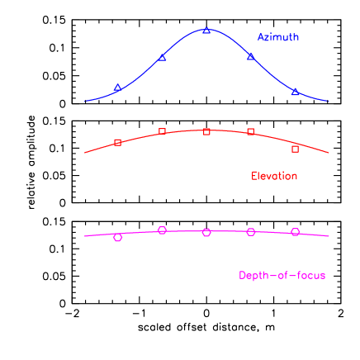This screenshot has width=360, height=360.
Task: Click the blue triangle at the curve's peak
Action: pyautogui.click(x=206, y=31)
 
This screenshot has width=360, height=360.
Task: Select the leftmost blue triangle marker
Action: pyautogui.click(x=117, y=88)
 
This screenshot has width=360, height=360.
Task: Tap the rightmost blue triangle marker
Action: pyautogui.click(x=296, y=92)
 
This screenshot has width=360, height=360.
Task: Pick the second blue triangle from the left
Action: pyautogui.click(x=162, y=57)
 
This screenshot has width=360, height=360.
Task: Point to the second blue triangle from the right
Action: pyautogui.click(x=251, y=57)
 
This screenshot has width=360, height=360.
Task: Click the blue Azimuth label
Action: pyautogui.click(x=277, y=37)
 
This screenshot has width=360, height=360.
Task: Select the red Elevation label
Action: pyautogui.click(x=274, y=176)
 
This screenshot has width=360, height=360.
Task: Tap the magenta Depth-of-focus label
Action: pyautogui.click(x=282, y=275)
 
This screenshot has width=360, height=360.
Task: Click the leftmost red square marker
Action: pyautogui.click(x=117, y=143)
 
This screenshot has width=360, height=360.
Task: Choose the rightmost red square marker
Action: pyautogui.click(x=296, y=149)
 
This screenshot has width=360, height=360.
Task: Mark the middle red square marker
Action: pyautogui.click(x=206, y=131)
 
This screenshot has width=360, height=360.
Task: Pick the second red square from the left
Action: pyautogui.click(x=162, y=131)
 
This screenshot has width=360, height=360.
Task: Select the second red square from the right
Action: pyautogui.click(x=251, y=131)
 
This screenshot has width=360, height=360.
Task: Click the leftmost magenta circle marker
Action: pyautogui.click(x=117, y=238)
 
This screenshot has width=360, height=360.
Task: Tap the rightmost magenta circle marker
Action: pyautogui.click(x=296, y=232)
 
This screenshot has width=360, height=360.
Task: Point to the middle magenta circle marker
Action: pyautogui.click(x=206, y=233)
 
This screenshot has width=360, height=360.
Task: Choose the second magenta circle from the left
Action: pyautogui.click(x=162, y=230)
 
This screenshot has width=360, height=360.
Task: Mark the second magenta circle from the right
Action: pyautogui.click(x=251, y=232)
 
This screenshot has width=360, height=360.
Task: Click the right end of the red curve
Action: pyautogui.click(x=329, y=153)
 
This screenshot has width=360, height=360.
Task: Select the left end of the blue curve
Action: pyautogui.click(x=84, y=102)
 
